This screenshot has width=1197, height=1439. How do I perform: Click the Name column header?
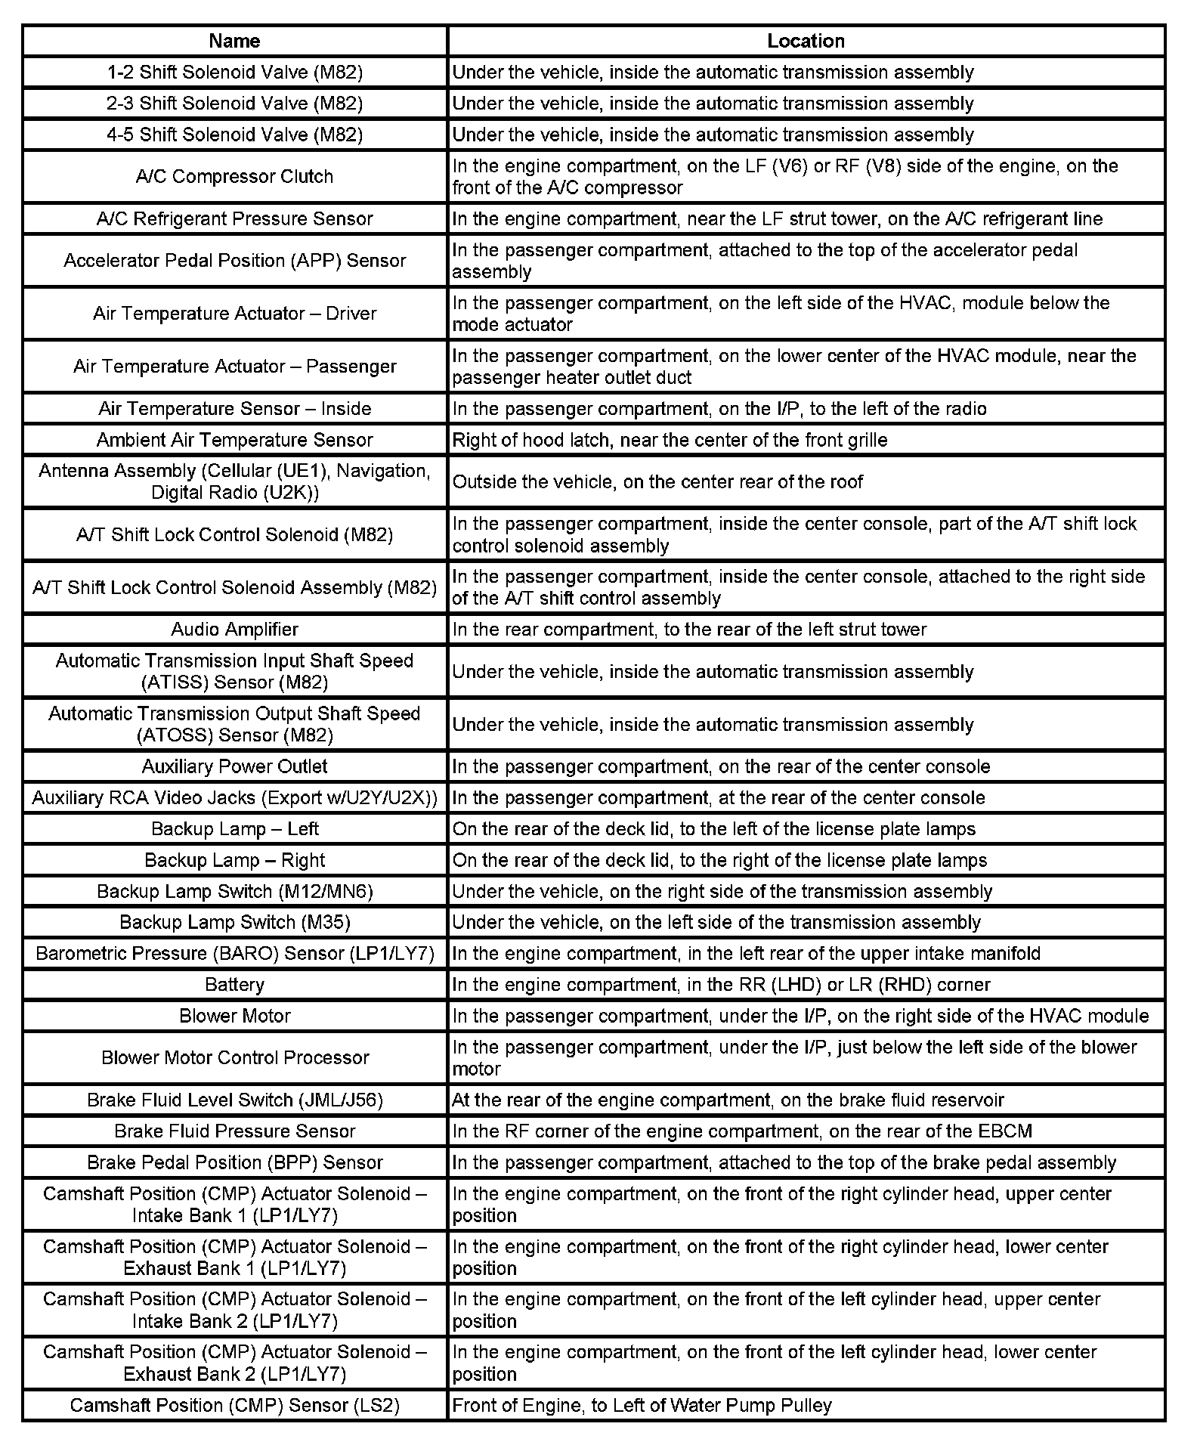234,41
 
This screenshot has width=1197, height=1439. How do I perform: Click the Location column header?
806,41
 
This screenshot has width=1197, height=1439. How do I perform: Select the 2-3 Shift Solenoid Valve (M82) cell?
234,103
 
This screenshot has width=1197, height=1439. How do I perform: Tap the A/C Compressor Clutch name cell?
234,176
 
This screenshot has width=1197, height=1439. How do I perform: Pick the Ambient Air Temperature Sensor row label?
234,440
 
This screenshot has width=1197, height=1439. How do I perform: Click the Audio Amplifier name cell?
234,629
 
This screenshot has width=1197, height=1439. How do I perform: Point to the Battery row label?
234,984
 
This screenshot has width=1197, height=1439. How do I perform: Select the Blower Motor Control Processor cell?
234,1057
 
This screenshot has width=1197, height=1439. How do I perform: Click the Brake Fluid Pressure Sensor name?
234,1131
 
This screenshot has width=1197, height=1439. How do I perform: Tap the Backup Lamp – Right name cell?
234,860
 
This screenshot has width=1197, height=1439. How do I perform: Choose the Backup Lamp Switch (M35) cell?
234,922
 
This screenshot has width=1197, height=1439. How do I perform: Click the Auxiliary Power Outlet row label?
234,766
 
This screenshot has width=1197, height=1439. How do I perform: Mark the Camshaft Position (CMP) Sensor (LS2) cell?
234,1405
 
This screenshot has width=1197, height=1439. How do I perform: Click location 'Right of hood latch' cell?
670,440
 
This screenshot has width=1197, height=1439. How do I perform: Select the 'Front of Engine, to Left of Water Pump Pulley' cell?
642,1405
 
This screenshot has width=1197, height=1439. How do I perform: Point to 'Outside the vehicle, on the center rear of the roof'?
657,481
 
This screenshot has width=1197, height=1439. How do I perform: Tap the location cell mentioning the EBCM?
742,1131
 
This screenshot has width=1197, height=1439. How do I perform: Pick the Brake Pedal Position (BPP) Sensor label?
234,1162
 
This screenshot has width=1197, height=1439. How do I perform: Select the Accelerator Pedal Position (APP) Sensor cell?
234,260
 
